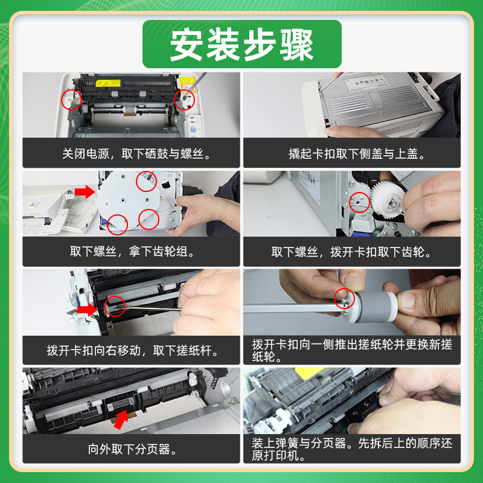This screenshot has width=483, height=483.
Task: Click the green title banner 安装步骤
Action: pos(242,44)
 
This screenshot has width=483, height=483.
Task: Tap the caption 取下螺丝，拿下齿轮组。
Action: pos(132,251)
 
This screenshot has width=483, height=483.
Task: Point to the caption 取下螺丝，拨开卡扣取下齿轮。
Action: pos(351,252)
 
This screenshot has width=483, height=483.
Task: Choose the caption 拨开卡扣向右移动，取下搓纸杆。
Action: pos(132,350)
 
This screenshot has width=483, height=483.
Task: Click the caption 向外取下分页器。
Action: pos(132,449)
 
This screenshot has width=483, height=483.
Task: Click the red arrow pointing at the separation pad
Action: pos(121,420)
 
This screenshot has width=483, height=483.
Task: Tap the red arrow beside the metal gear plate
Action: pos(85,191)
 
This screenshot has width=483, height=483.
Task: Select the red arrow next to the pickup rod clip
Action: pos(87,309)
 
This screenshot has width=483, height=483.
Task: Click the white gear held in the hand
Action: pos(387,199)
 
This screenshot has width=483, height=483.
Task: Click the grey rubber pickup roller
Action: pos(372,307)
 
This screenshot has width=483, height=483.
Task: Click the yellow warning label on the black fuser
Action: pos(108,83)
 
